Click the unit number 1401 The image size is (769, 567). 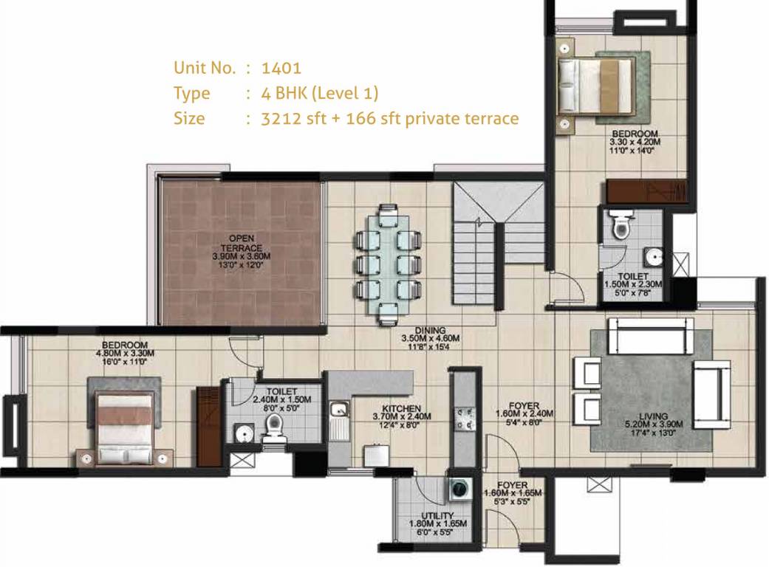(x=281, y=68)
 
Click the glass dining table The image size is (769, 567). (x=389, y=263)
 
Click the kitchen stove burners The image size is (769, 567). (x=465, y=419)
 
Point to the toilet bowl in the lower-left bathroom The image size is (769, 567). (x=274, y=427)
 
